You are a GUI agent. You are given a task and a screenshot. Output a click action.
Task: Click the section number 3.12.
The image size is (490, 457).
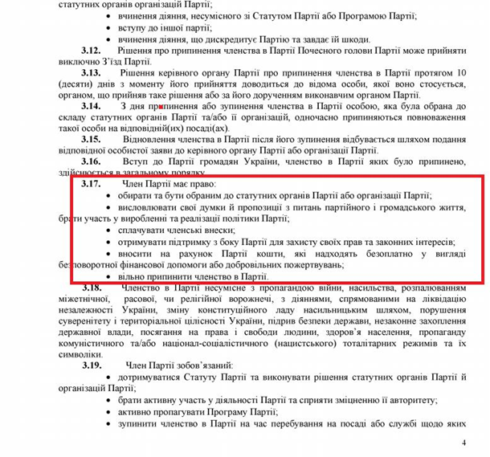click(x=91, y=51)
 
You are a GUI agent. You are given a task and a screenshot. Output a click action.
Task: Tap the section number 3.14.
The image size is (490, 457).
click(x=91, y=106)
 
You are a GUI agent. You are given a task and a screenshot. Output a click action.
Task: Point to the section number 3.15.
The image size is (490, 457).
click(x=91, y=139)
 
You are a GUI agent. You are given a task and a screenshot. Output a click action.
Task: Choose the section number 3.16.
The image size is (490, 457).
click(x=91, y=161)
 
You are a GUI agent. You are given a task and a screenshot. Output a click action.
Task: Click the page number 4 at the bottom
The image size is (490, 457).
click(x=463, y=443)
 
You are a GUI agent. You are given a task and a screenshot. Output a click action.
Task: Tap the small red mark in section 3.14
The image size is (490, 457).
click(x=162, y=106)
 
